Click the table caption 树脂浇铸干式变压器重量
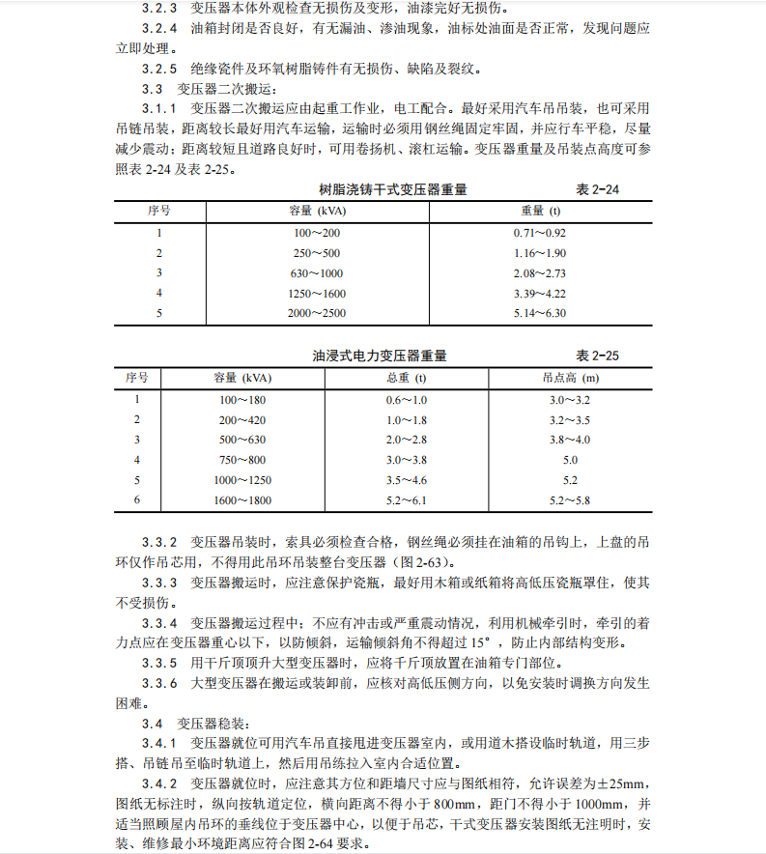(392, 190)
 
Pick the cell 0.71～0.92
(540, 233)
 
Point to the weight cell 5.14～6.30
(540, 313)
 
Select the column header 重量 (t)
(540, 210)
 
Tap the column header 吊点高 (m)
(569, 377)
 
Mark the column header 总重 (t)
(406, 377)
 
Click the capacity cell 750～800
(241, 460)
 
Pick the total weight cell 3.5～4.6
(406, 480)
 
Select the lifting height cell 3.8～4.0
(569, 440)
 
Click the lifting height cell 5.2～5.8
(569, 500)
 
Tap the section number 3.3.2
(159, 541)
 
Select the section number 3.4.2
(159, 783)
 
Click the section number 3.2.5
(159, 69)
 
